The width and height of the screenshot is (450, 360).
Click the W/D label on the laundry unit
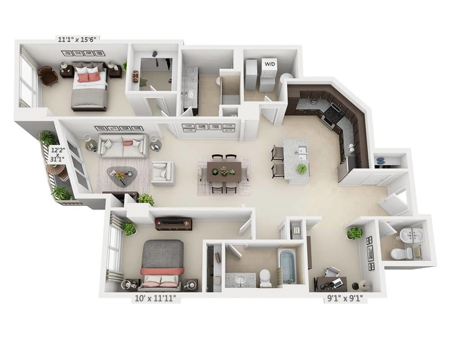270,64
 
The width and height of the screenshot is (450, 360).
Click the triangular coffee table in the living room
120,173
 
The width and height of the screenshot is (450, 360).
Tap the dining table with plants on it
224,171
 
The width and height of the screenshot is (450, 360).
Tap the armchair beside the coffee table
162,173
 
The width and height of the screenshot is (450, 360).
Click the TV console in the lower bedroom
174,223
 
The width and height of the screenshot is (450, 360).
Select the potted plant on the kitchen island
302,169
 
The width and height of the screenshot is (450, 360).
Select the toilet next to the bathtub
265,277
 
